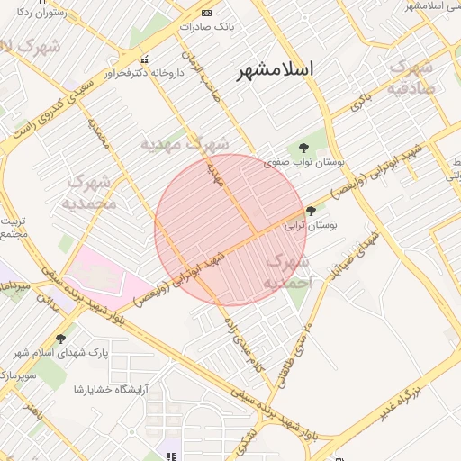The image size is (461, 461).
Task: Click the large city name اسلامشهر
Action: point(276,69)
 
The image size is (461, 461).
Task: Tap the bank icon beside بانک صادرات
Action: point(206,13)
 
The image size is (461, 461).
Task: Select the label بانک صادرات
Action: point(206,27)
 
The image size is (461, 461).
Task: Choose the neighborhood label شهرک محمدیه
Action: point(90,192)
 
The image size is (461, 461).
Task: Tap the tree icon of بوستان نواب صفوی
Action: point(301,148)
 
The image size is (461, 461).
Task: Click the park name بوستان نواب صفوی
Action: point(301,163)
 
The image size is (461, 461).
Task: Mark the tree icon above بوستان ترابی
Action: point(312,212)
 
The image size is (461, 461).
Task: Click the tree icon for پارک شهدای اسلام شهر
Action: point(60,339)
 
